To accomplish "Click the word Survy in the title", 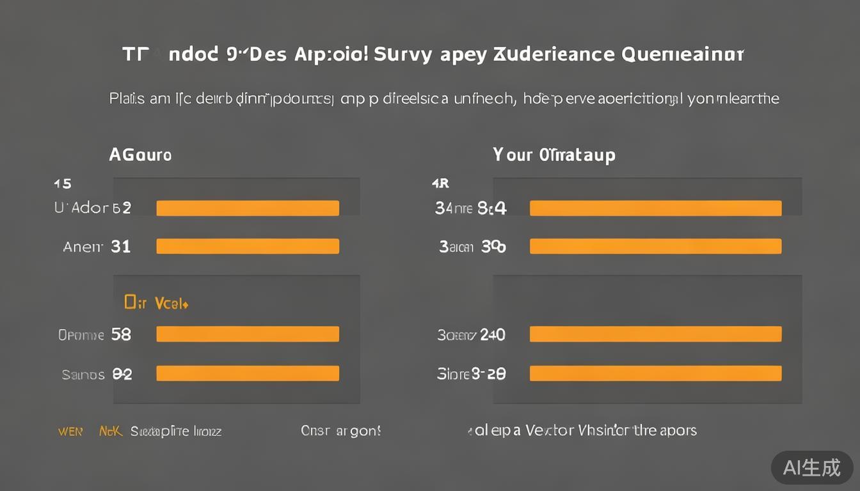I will point(402,54).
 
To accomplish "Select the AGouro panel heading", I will point(140,155).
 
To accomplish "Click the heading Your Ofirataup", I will point(554,155).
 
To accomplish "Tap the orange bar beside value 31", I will point(248,246).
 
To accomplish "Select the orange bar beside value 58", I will point(248,334).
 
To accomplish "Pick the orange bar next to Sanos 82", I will point(248,373).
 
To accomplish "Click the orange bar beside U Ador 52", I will point(248,208).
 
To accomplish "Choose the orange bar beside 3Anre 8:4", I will point(655,208).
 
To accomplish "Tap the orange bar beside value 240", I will point(655,334).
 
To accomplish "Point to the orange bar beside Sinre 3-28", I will point(655,373).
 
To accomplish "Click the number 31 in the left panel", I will point(120,246).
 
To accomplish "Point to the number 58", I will point(121,334).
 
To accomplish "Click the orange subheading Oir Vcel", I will point(156,303).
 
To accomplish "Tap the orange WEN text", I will point(70,431).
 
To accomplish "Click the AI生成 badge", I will point(811,467).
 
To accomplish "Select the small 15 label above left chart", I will point(63,184).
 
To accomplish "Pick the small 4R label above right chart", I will point(441,184).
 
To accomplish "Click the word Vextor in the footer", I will point(550,430).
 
